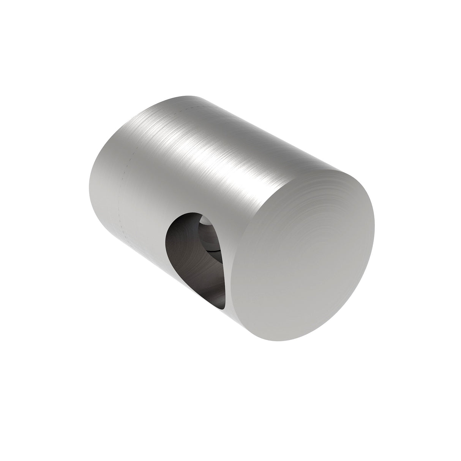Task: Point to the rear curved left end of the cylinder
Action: coord(95,182)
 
